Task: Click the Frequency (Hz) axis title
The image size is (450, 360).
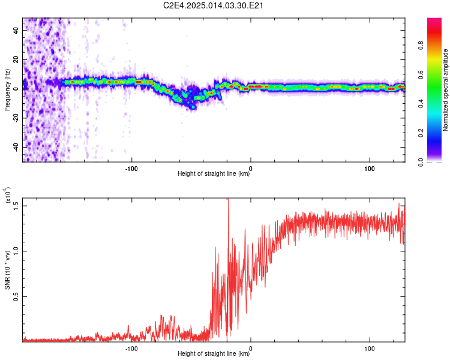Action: click(x=7, y=90)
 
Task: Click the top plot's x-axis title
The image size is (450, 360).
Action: click(x=214, y=174)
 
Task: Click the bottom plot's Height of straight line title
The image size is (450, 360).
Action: click(x=214, y=354)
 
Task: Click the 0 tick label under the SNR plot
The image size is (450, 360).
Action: click(x=251, y=347)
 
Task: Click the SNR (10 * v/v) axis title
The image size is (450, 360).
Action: click(x=7, y=270)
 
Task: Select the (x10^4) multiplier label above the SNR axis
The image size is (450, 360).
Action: click(x=8, y=196)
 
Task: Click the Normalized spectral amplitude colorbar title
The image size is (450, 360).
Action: click(x=445, y=90)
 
